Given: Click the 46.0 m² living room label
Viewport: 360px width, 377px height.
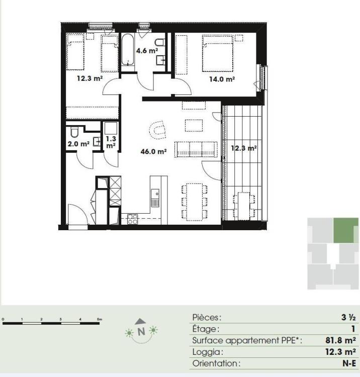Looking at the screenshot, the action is pos(154,151).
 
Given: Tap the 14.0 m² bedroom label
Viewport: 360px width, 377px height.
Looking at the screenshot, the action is pos(222,79).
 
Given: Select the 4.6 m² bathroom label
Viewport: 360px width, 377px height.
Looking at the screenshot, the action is pos(147,50).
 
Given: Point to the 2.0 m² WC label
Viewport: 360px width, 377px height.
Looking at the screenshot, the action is pos(78,144).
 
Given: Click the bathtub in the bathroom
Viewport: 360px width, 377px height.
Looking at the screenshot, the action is pos(127,50).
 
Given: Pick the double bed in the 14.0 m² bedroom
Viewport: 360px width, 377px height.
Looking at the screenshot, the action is pos(218,53).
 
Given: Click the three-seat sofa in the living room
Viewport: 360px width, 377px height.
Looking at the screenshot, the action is pos(196,149).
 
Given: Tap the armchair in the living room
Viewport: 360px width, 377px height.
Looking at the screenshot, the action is pos(157,130).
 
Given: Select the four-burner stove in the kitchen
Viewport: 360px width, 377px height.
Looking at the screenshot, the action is pos(133,219).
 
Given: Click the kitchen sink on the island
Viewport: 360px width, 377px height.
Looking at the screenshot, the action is pos(155,198).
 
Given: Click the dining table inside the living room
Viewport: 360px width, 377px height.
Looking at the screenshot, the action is pos(195,202).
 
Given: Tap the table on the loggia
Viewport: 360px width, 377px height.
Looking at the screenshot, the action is pos(244,206).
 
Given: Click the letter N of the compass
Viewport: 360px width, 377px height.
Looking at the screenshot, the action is pos(141,332).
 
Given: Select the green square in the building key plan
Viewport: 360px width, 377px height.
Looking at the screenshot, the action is pos(346,230).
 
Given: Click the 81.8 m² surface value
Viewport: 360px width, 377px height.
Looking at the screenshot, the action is pos(340,340).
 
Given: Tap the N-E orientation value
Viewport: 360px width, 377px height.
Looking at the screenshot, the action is pos(349,363).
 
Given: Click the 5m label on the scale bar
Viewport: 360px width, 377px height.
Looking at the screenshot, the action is pos(100,319).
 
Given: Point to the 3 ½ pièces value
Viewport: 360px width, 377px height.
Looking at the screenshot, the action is pos(348,317).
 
